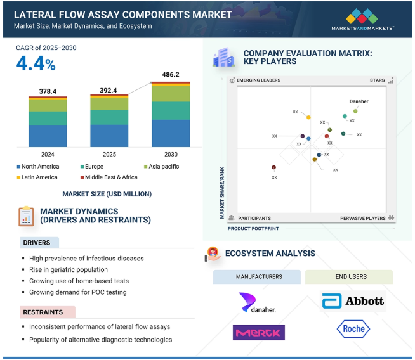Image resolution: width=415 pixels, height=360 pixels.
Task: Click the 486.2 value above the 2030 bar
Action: point(171,74)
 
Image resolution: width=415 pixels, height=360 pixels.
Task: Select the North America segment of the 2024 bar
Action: point(48,136)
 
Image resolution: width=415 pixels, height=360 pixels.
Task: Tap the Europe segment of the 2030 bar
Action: point(171,110)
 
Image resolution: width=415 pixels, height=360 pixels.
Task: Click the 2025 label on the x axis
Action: point(109,154)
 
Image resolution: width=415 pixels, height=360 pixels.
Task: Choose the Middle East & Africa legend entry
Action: point(107,177)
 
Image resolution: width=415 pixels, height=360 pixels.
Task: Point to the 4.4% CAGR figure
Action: point(36,64)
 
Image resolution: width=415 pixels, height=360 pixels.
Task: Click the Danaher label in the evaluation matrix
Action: point(359,101)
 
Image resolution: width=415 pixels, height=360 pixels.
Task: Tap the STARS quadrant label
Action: point(378,80)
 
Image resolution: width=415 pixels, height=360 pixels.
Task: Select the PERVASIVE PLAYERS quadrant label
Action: point(363,218)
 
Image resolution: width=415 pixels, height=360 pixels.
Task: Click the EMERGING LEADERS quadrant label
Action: point(258,80)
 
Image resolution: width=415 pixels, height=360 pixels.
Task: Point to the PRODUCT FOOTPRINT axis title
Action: point(253,228)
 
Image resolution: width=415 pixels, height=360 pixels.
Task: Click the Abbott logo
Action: point(353,301)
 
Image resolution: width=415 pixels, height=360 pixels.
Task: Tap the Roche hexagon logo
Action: point(353,329)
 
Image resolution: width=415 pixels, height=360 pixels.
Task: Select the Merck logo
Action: point(258,332)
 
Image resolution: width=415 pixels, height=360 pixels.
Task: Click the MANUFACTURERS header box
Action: point(259,277)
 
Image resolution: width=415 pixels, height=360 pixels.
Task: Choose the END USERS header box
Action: point(350,277)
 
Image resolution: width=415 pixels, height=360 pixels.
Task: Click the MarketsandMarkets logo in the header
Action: point(362,20)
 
